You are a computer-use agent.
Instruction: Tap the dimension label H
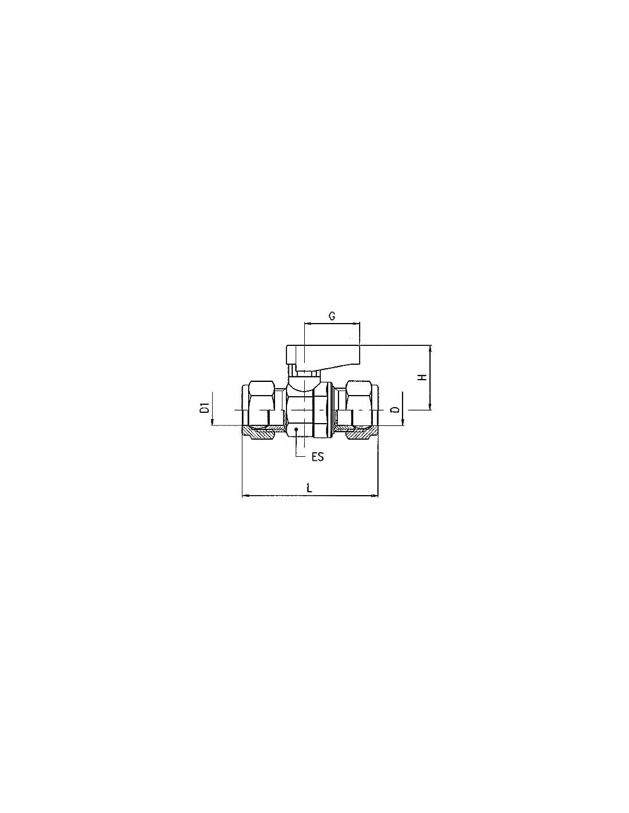pyautogui.click(x=423, y=377)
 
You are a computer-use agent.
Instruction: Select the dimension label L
pyautogui.click(x=309, y=488)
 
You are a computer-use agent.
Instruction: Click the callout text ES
pyautogui.click(x=317, y=457)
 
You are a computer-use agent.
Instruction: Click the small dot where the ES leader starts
pyautogui.click(x=296, y=429)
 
